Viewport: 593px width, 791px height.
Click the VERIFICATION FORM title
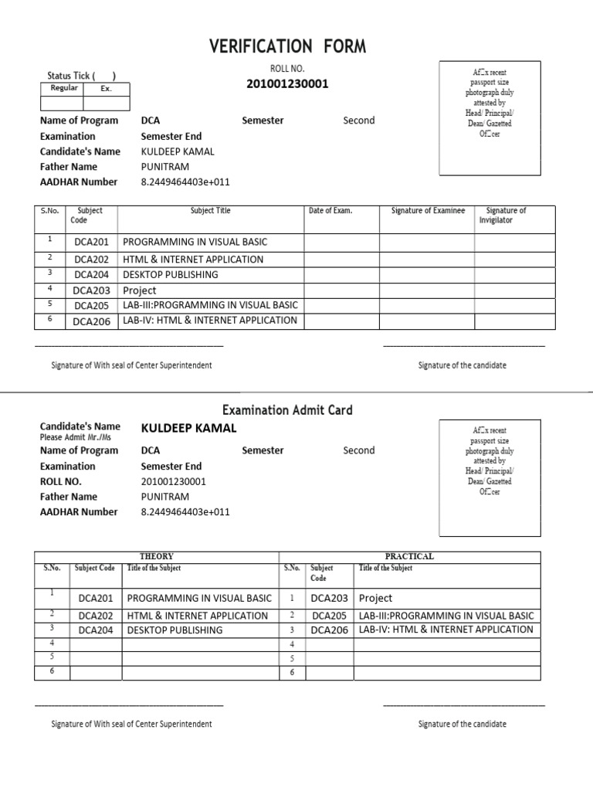tap(287, 48)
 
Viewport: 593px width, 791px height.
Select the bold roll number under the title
tap(287, 83)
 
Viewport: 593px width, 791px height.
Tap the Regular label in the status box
tap(64, 88)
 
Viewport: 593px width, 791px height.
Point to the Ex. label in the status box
tap(106, 89)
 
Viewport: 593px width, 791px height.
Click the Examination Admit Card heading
tap(287, 409)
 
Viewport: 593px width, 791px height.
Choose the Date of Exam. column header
tap(330, 210)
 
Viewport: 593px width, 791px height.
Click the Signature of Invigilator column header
tap(506, 215)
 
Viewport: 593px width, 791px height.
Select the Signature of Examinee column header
tap(428, 210)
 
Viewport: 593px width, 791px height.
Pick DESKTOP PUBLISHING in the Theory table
tap(174, 630)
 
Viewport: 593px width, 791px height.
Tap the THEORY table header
tap(156, 556)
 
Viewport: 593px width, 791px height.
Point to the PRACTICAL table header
tap(409, 556)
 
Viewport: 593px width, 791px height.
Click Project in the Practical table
tap(375, 598)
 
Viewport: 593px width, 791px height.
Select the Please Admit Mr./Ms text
tap(75, 437)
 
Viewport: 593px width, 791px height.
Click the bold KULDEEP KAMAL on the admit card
tap(188, 428)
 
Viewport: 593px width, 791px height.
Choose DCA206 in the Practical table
tap(330, 630)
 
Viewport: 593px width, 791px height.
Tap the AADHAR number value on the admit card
tap(185, 511)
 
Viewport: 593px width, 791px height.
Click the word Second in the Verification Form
tap(358, 121)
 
